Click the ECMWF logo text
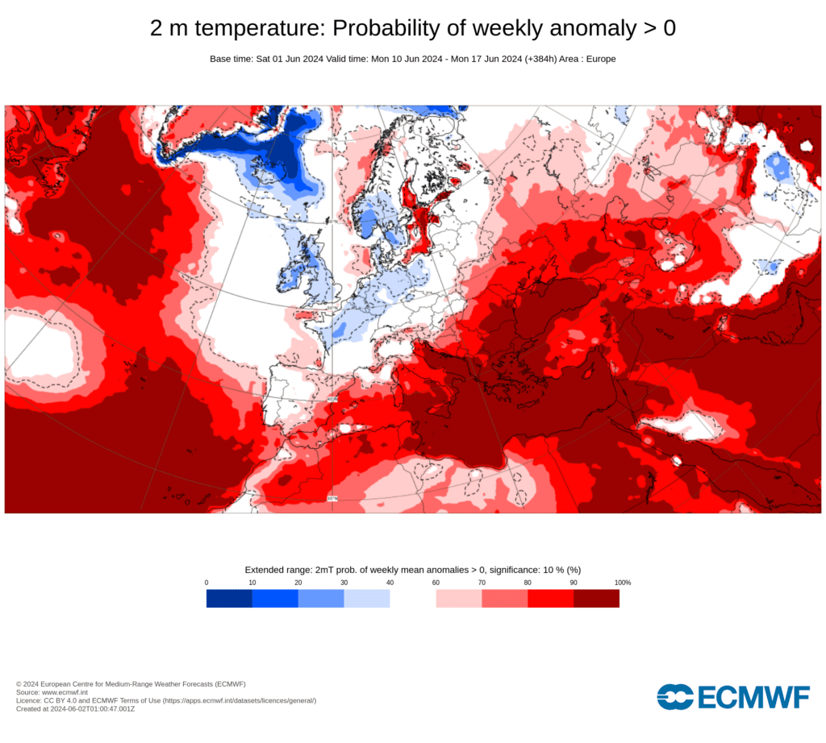click(x=753, y=697)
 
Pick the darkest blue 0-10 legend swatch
click(x=229, y=598)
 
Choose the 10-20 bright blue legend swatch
click(x=275, y=598)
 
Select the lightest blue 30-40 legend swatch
click(x=367, y=598)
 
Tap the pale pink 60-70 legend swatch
click(x=459, y=598)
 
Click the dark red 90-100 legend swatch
click(x=596, y=598)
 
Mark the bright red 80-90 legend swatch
click(x=550, y=598)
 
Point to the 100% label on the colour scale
click(x=622, y=583)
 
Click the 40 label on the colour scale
click(x=390, y=583)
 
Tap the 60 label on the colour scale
click(x=436, y=583)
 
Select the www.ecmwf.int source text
click(x=68, y=692)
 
